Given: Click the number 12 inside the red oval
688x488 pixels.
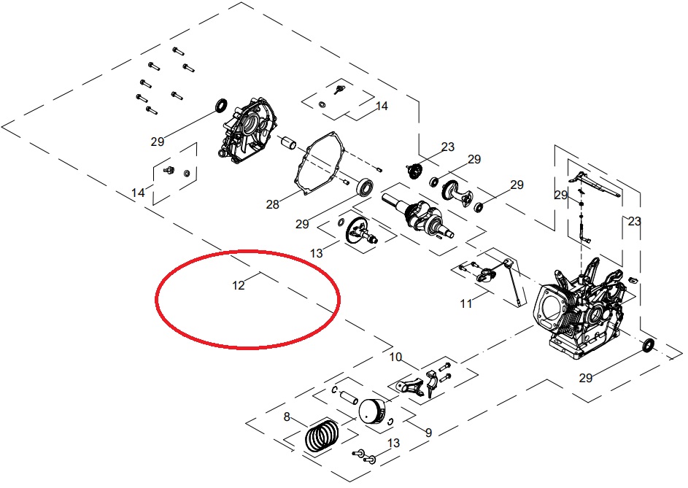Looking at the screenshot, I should coord(239,285).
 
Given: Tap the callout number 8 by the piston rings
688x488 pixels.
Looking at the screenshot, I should coord(287,417).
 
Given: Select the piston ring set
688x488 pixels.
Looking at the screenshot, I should coord(321,437).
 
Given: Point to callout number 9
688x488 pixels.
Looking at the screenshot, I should coord(428,433).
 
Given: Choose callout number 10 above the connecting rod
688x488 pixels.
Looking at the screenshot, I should coord(395,357).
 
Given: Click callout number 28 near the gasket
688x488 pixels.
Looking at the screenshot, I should coord(272,205).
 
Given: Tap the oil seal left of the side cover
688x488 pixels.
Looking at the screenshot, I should coord(218,107).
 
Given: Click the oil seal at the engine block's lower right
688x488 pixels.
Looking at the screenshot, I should coord(648,346).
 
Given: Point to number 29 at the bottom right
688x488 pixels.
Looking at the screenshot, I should coord(586,377).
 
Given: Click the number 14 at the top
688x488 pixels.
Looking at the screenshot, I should coord(382,106).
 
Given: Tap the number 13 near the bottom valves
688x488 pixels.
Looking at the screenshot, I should coord(394,444).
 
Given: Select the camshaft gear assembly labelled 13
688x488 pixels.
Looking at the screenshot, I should coord(357,231).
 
